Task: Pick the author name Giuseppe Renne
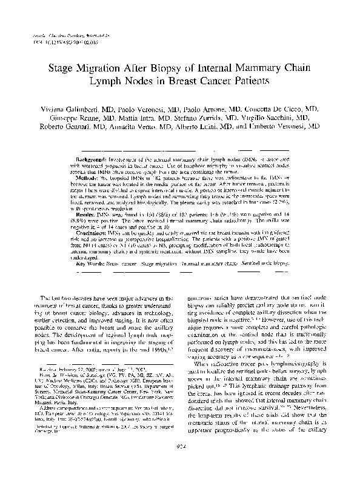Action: pos(71,118)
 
